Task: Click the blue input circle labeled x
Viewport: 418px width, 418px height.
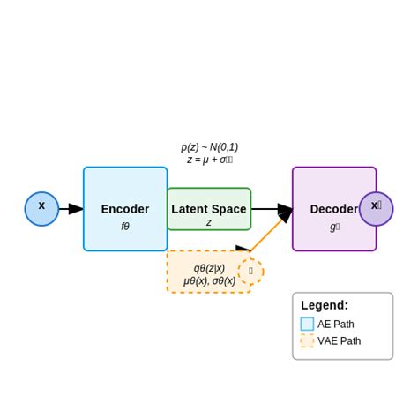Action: (41, 209)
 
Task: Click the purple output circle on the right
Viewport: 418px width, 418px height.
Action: (377, 209)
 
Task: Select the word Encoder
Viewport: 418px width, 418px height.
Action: (125, 209)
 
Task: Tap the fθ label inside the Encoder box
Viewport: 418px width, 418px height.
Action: (125, 227)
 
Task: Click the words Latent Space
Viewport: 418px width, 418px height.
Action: (209, 209)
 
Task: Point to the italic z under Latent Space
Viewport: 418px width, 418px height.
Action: (209, 223)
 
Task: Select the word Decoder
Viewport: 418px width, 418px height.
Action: (333, 209)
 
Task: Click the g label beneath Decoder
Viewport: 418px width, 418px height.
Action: (334, 227)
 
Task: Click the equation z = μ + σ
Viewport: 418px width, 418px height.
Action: (209, 160)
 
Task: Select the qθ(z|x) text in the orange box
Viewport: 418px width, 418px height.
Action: (209, 268)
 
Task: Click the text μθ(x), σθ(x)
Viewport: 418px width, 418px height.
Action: (209, 281)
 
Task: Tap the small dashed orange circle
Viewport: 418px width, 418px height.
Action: (250, 271)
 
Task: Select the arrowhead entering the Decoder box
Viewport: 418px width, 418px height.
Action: (285, 210)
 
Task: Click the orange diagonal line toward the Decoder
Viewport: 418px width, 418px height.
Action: (267, 235)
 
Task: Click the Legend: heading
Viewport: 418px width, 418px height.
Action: (325, 305)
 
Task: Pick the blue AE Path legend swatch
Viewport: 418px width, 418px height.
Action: (307, 324)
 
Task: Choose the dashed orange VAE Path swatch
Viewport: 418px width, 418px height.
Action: (307, 340)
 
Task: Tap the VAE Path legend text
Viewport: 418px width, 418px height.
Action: (340, 340)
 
